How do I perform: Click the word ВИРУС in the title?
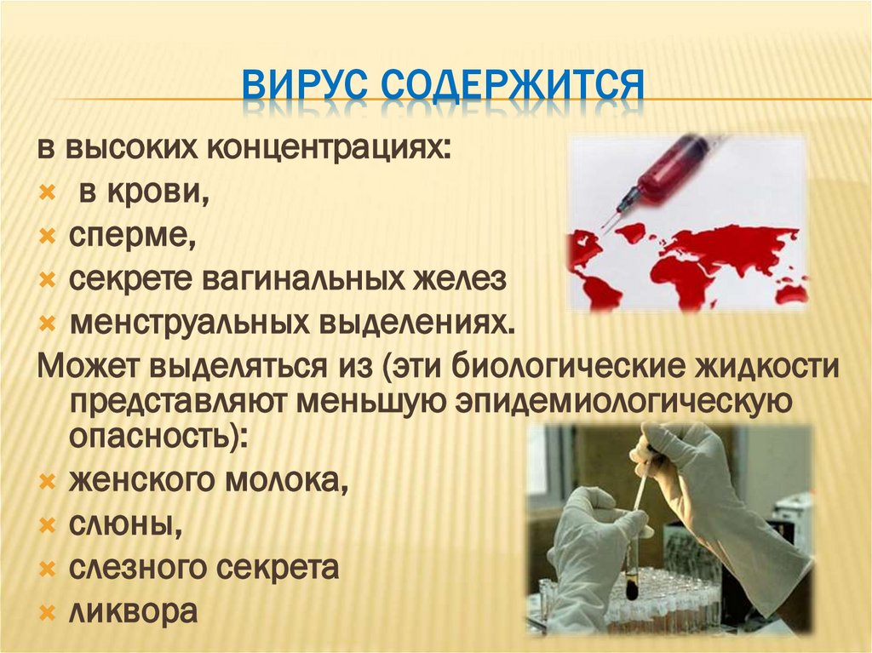(302, 87)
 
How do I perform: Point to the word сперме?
(132, 234)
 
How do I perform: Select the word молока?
(286, 482)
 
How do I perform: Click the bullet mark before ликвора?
(48, 611)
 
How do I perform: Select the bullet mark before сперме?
(48, 236)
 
